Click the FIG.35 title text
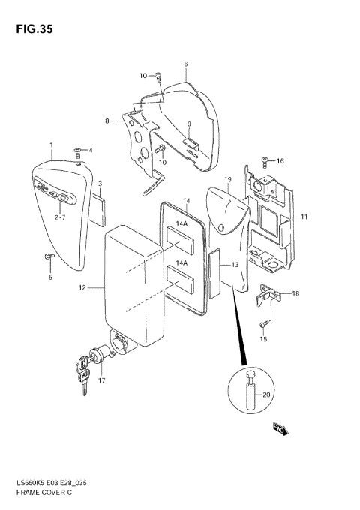click(31, 30)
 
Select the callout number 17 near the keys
click(102, 380)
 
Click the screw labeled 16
click(265, 160)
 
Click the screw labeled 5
click(49, 256)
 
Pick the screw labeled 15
click(264, 323)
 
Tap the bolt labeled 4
click(77, 151)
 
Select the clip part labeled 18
click(265, 297)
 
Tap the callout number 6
click(185, 64)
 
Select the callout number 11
click(304, 217)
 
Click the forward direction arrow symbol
click(280, 429)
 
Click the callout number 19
click(227, 180)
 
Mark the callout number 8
click(107, 121)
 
